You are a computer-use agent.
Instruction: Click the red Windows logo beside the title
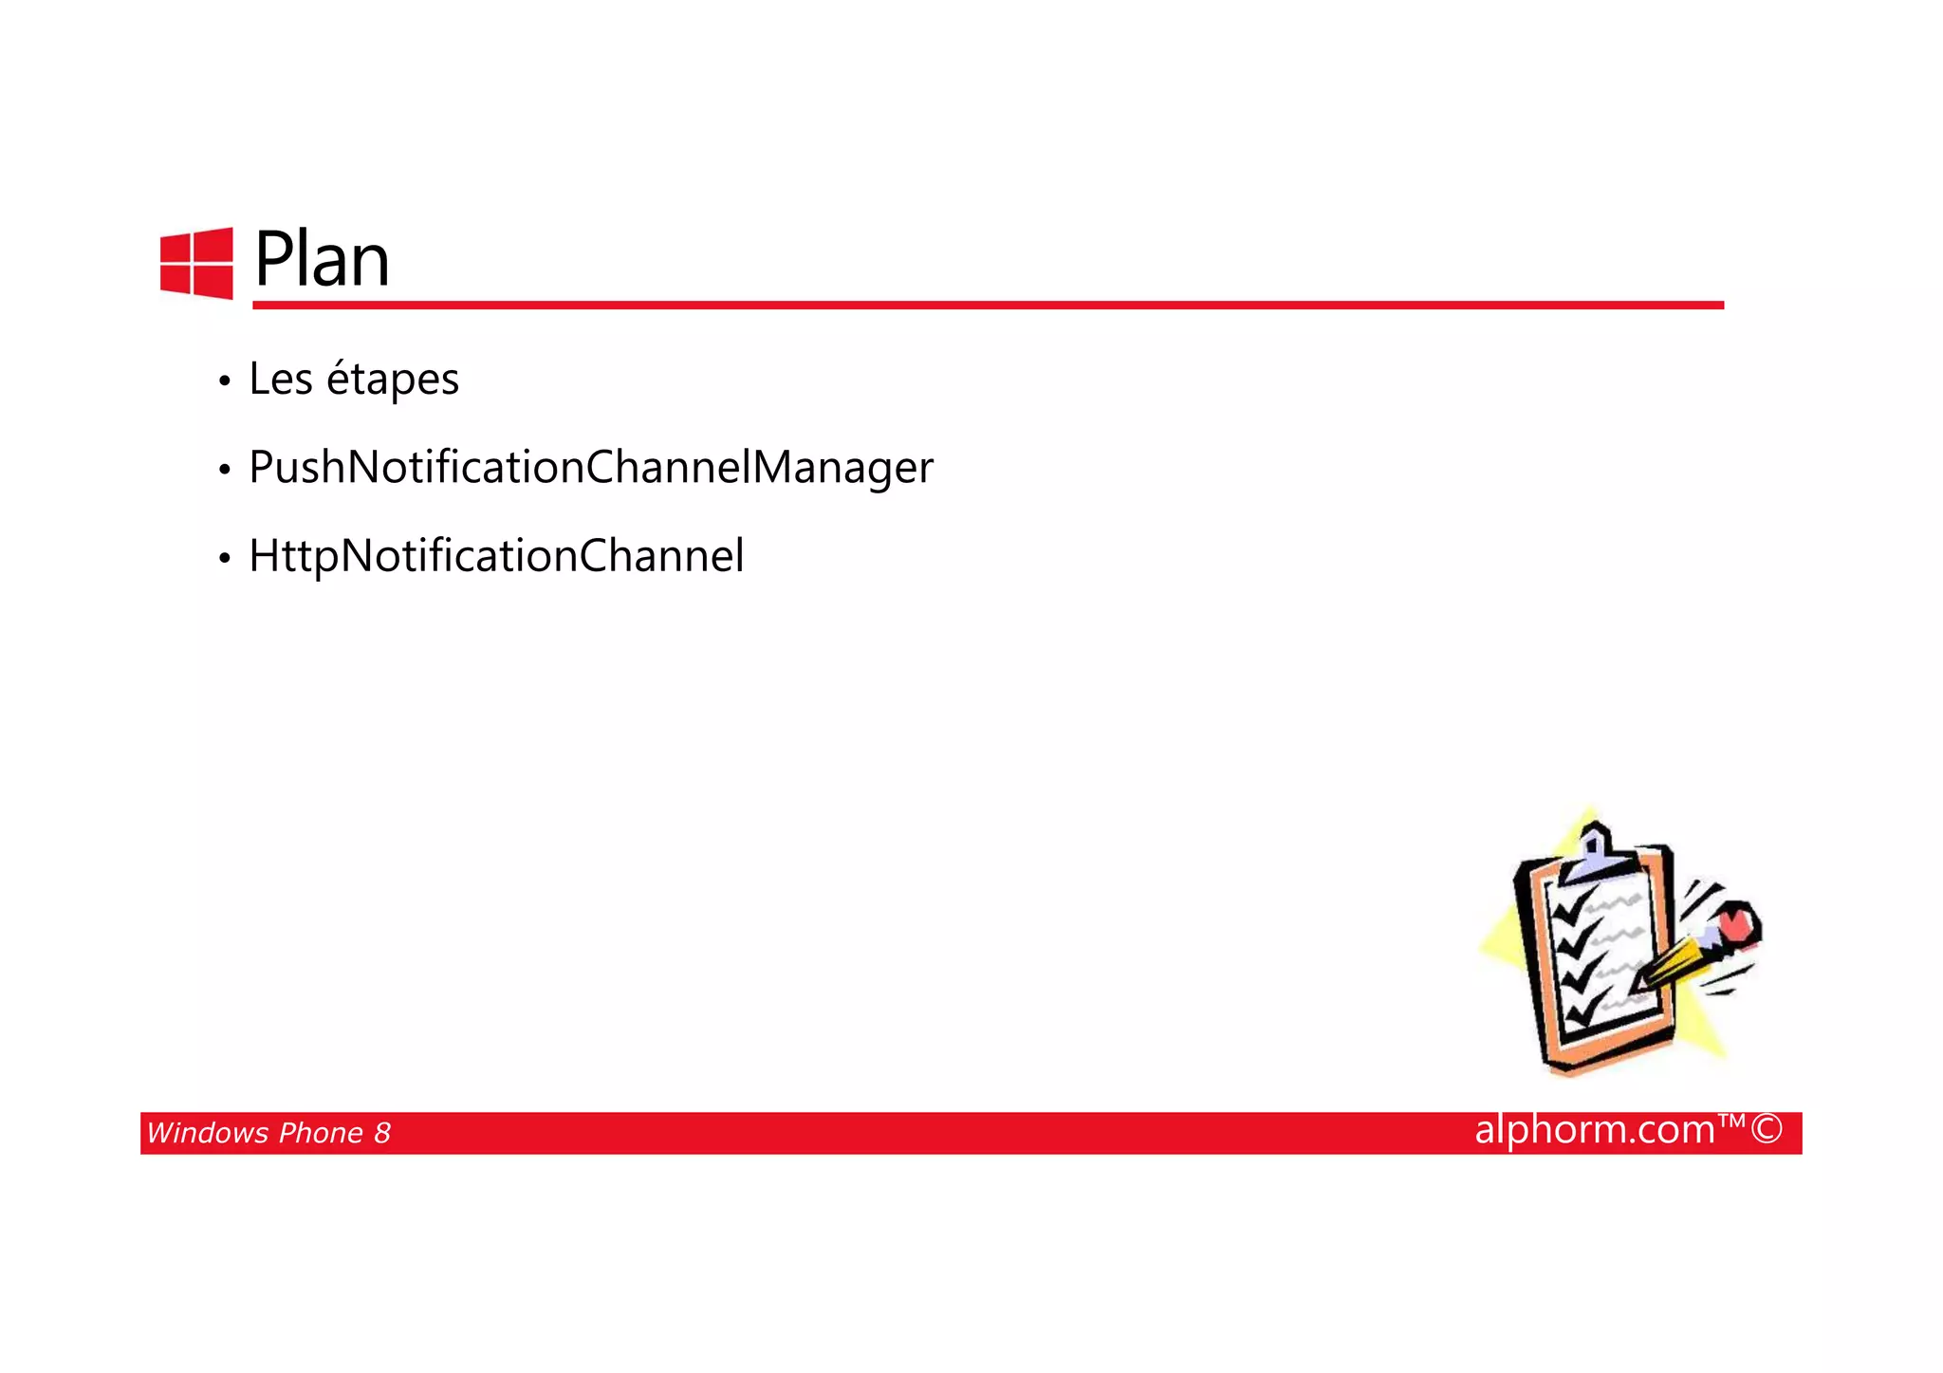click(x=196, y=264)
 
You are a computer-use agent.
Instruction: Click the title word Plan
click(x=322, y=259)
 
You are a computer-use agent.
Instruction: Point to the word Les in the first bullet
click(x=280, y=379)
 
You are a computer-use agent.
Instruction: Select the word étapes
click(x=393, y=380)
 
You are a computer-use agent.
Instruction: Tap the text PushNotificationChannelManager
click(x=590, y=467)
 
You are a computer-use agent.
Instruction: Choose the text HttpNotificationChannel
click(x=495, y=556)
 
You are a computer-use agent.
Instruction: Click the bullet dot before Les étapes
click(x=224, y=381)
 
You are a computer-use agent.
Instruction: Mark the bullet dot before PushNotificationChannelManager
click(x=224, y=470)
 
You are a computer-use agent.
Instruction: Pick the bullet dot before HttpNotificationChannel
click(x=224, y=559)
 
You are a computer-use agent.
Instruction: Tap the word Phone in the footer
click(x=322, y=1133)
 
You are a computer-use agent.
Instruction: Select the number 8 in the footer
click(x=381, y=1133)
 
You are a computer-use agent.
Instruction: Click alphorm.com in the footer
click(x=1594, y=1130)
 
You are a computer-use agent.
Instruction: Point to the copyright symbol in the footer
click(x=1766, y=1129)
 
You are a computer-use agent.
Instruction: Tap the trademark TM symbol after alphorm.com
click(x=1731, y=1122)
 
